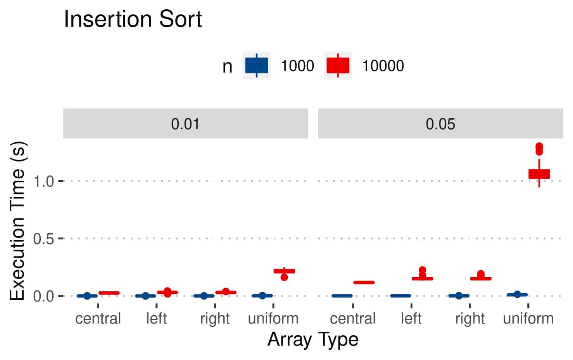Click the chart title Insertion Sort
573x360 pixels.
(133, 19)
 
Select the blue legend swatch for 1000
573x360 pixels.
(256, 66)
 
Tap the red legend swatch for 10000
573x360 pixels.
(338, 66)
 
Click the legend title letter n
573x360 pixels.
(227, 66)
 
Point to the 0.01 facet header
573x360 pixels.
(185, 124)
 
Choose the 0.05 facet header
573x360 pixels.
(440, 124)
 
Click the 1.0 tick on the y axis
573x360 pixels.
(43, 181)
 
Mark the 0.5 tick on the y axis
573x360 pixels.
(43, 239)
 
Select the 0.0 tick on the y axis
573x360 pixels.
(43, 296)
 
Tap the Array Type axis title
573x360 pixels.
(312, 339)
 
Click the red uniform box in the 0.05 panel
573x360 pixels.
(539, 174)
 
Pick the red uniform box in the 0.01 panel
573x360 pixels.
(284, 271)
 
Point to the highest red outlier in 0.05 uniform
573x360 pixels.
(539, 146)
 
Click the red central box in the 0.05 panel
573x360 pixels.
(364, 282)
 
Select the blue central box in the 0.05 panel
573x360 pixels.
(342, 296)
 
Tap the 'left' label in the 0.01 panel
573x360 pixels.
(156, 318)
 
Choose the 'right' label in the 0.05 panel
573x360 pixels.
(469, 318)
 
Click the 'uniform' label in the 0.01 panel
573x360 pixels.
(273, 318)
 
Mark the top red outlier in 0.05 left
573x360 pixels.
(422, 270)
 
